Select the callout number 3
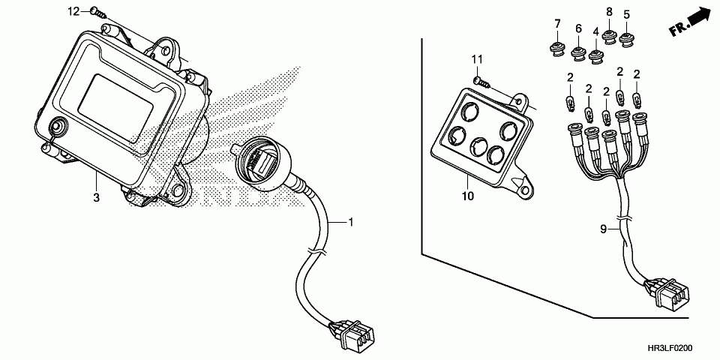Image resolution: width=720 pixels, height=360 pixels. point(96,198)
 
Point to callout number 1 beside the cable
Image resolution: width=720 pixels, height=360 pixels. point(349,222)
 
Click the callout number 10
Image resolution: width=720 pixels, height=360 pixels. point(467,197)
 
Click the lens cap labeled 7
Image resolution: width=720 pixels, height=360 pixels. point(557,49)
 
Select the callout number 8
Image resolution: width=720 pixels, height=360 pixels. point(609,12)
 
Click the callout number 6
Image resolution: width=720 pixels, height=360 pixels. point(578,28)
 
